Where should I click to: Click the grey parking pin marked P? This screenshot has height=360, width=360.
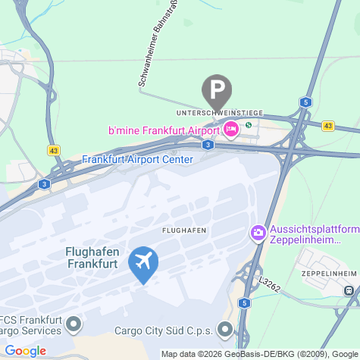[x=218, y=91]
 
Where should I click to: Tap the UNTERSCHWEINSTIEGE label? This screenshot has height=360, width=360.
[x=219, y=113]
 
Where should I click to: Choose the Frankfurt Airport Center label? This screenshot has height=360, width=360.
[x=137, y=159]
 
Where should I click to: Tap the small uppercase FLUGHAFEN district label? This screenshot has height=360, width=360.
[x=184, y=229]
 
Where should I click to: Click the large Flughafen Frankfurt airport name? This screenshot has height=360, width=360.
[x=91, y=258]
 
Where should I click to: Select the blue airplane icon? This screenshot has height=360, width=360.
[x=142, y=262]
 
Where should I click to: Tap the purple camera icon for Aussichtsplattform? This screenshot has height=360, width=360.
[x=258, y=231]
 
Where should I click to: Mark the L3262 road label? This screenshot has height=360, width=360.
[x=269, y=283]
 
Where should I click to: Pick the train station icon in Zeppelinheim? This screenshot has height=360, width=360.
[x=349, y=290]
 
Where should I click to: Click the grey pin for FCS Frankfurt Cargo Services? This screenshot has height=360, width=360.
[x=74, y=325]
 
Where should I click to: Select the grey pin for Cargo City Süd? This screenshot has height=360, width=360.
[x=225, y=330]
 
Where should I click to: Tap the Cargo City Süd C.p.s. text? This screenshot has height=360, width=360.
[x=164, y=330]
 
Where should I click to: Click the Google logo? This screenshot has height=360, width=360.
[x=25, y=350]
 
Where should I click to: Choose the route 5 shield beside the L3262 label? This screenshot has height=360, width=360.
[x=243, y=303]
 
